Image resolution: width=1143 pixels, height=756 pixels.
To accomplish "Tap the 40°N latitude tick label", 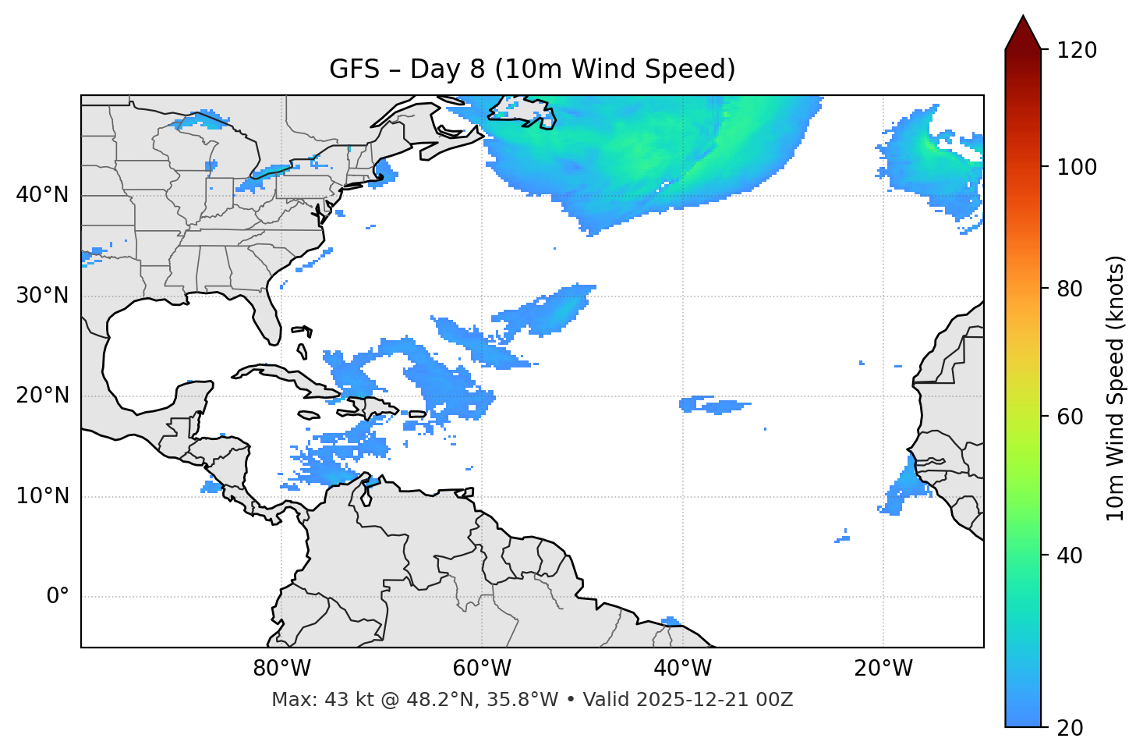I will (x=42, y=195).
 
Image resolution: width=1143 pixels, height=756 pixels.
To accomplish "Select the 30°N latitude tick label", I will (x=42, y=296).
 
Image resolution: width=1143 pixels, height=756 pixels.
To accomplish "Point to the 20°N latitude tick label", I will (x=42, y=396).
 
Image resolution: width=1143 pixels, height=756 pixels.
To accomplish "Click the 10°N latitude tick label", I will (x=42, y=496).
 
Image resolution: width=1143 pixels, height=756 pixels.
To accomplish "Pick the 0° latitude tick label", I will (x=58, y=597).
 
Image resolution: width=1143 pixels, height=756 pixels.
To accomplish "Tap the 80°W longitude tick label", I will (x=281, y=669).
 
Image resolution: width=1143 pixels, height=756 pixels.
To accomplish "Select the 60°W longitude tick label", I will (x=482, y=669).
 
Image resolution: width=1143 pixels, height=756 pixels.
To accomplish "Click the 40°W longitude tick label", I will (x=682, y=669).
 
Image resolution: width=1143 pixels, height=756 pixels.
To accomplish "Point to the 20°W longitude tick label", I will (x=883, y=669).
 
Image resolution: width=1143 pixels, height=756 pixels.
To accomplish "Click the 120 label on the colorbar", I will (x=1077, y=51).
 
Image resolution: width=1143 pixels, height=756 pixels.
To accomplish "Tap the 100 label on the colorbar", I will (x=1077, y=167).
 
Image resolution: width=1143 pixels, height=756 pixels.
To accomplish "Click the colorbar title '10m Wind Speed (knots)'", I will (x=1116, y=388).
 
